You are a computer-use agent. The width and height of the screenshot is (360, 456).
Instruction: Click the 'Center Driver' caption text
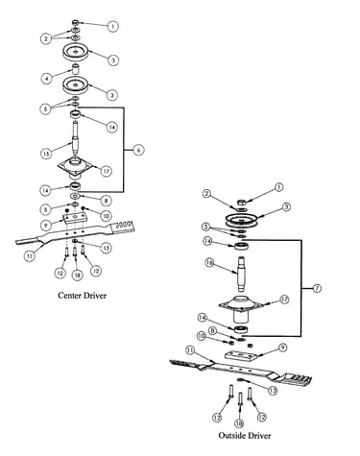82,295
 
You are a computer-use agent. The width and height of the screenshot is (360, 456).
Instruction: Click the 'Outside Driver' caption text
245,435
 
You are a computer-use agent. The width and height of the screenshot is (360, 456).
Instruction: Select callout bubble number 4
47,78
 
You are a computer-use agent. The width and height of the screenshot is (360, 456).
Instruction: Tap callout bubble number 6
138,150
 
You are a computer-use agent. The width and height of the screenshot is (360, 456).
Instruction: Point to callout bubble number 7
316,288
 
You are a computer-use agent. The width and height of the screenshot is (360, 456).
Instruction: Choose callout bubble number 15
47,154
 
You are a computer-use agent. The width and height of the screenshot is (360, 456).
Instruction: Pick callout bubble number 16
210,263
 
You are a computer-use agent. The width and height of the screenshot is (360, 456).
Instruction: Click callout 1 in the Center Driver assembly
112,26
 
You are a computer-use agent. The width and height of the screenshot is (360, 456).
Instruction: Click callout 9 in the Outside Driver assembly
282,348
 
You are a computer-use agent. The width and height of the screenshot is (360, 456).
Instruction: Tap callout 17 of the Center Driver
106,171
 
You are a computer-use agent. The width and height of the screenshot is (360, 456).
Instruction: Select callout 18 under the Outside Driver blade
239,423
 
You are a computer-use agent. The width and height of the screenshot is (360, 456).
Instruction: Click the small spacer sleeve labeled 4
75,70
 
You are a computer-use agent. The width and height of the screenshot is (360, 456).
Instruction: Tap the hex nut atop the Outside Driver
242,202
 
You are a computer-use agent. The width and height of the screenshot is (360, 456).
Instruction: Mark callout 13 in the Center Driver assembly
106,248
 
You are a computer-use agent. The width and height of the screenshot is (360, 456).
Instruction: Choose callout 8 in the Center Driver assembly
106,201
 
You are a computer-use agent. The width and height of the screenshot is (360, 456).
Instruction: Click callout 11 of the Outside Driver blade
190,350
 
